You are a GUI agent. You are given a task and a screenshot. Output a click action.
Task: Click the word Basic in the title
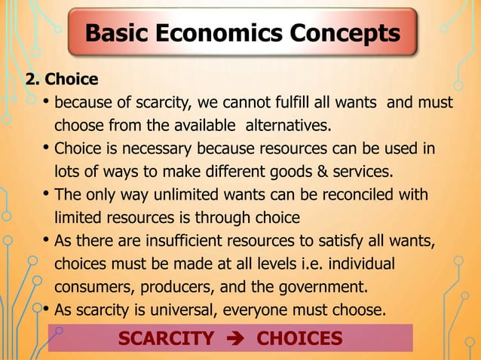click(x=121, y=33)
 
